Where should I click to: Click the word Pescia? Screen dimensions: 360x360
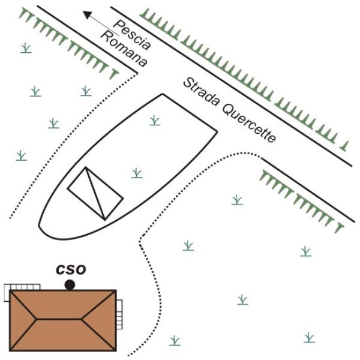tap(133, 34)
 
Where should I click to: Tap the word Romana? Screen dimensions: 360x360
tap(124, 49)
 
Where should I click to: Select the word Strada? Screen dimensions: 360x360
tap(201, 92)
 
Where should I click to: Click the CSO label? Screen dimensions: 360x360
tap(71, 269)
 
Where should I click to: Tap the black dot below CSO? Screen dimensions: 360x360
tap(70, 285)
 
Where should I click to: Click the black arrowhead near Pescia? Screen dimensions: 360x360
tap(88, 14)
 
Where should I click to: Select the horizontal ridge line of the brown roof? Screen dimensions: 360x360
tap(59, 319)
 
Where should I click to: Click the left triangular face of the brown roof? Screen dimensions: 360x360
tap(21, 320)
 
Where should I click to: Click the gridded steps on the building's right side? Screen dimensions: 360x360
tap(119, 314)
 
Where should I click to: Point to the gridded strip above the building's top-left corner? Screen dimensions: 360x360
tap(22, 287)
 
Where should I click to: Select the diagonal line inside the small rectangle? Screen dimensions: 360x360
tap(95, 193)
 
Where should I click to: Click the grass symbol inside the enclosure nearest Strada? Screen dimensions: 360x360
tap(155, 121)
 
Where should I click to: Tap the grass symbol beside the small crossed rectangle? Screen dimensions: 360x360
tap(137, 173)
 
